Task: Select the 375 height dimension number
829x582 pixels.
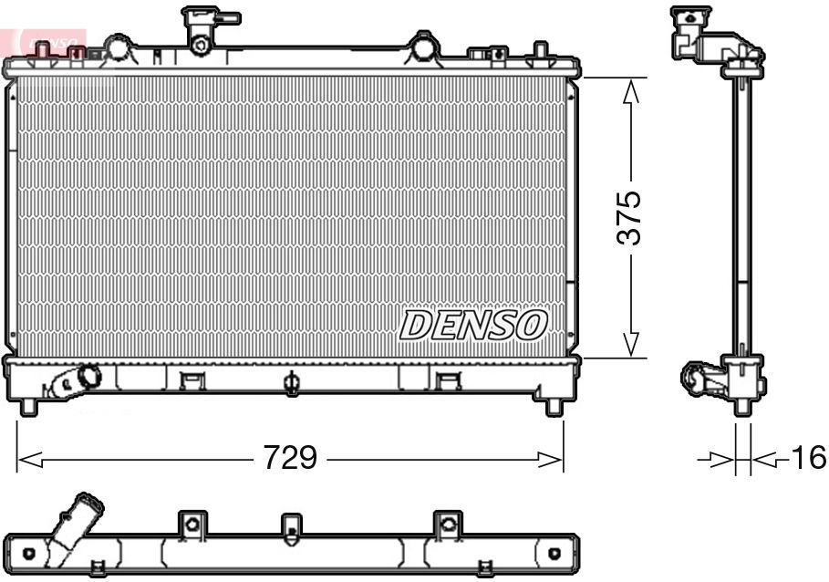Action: tap(628, 217)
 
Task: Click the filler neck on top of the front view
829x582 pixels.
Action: tap(202, 27)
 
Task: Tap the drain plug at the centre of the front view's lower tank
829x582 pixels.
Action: tap(291, 383)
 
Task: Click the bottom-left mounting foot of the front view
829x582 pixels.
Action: tap(28, 407)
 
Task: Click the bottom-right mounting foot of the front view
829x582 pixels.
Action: tap(553, 407)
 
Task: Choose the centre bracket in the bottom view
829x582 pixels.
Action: tap(290, 525)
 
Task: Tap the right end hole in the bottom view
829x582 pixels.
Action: tap(554, 553)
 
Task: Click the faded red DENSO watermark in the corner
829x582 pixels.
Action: tap(50, 41)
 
